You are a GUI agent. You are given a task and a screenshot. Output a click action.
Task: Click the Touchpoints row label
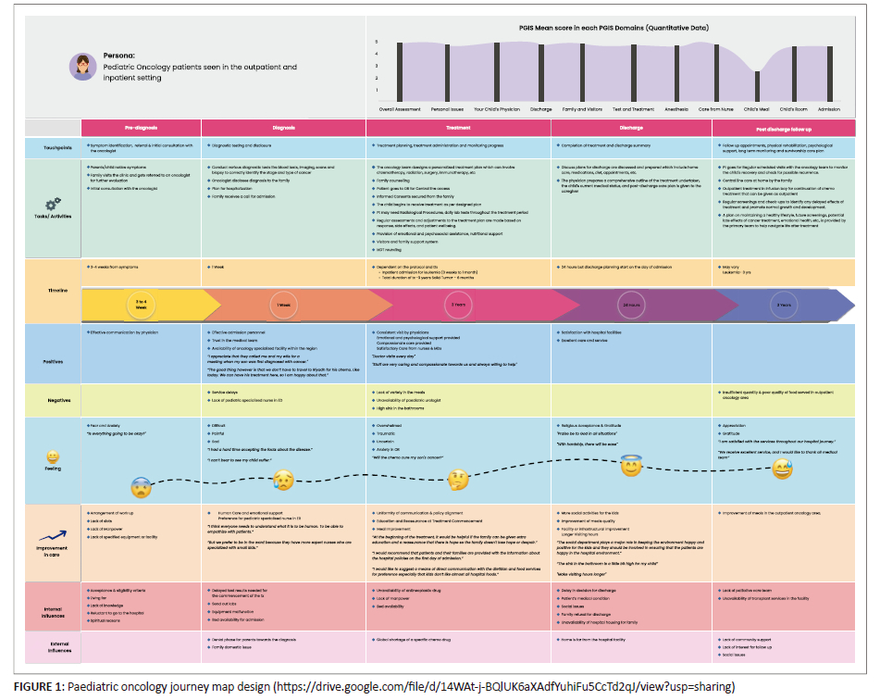tap(53, 148)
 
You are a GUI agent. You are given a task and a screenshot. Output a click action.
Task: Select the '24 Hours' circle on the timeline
tap(631, 304)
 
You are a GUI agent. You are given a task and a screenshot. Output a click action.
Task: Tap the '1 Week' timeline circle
tap(283, 304)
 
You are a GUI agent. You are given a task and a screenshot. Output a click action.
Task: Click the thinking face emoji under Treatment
tap(458, 480)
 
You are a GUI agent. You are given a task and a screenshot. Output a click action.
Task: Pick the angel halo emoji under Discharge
tap(631, 466)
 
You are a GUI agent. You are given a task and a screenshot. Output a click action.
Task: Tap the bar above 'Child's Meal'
tap(757, 86)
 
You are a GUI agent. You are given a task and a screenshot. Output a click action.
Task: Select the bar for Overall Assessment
tap(400, 71)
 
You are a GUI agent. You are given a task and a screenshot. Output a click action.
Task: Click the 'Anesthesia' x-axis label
tap(676, 108)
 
